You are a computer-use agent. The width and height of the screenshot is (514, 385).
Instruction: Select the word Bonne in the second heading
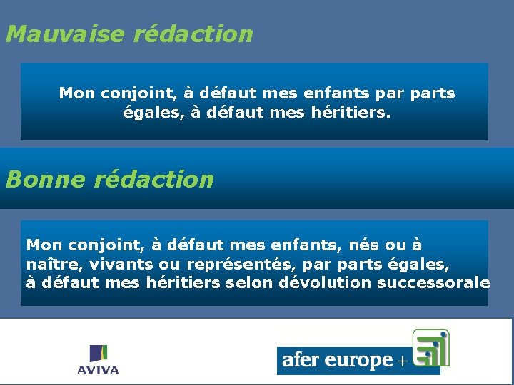(x=44, y=179)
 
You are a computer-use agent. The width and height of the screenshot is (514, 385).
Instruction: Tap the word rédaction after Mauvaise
(x=193, y=34)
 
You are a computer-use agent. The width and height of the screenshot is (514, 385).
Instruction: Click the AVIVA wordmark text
(x=99, y=370)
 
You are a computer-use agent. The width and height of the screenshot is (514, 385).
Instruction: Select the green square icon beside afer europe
(x=430, y=346)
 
